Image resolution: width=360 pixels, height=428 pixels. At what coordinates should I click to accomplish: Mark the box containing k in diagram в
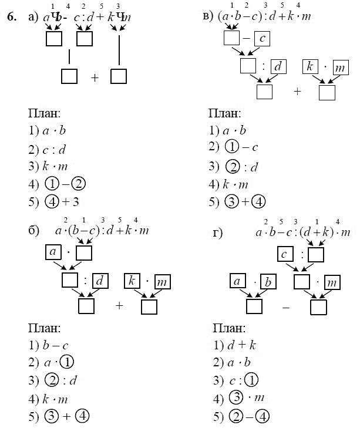pos(310,66)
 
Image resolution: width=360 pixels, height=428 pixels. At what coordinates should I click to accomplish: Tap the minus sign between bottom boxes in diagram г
pos(287,306)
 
